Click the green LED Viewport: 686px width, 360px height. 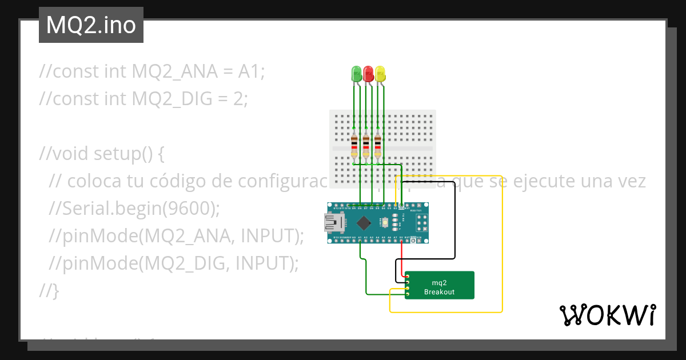[x=356, y=73]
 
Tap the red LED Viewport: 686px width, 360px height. [x=368, y=73]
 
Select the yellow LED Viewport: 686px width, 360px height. [x=380, y=73]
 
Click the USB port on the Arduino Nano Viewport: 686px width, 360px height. [x=332, y=223]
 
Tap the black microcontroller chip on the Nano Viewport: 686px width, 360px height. [x=364, y=223]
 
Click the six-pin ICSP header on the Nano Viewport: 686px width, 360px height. [x=422, y=222]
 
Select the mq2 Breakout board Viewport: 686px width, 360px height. [x=440, y=285]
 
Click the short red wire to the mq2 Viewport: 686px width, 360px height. [x=402, y=260]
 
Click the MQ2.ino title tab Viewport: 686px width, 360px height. [x=91, y=25]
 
